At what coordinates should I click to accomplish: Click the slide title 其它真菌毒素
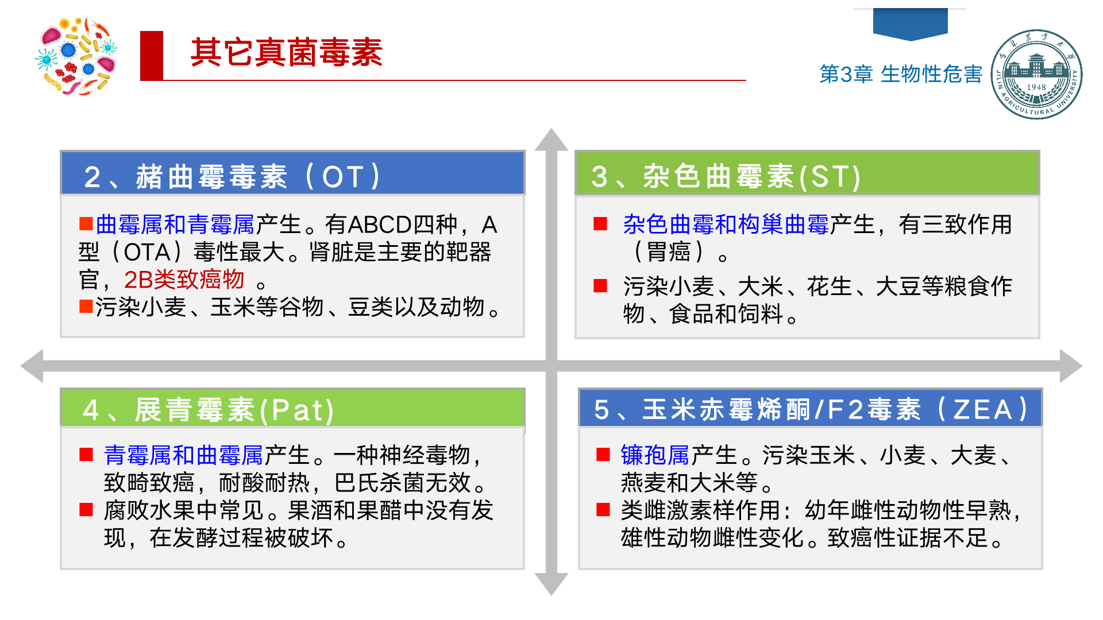click(286, 53)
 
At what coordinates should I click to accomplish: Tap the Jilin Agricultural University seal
click(1036, 74)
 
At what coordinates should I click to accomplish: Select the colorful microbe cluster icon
click(76, 56)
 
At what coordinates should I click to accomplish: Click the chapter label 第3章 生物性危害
click(900, 74)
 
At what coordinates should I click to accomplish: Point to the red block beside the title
click(152, 55)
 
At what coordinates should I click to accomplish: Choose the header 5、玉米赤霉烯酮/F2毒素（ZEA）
click(810, 409)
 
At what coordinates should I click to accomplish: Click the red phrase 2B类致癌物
click(184, 280)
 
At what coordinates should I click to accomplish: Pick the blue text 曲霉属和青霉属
click(175, 224)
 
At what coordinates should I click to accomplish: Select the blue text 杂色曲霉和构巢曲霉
click(726, 224)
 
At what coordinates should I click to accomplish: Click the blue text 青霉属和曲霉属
click(183, 455)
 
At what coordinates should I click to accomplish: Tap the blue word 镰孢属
click(655, 455)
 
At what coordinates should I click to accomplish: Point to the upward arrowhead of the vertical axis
click(551, 141)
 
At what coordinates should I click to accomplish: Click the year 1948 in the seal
click(1036, 87)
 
